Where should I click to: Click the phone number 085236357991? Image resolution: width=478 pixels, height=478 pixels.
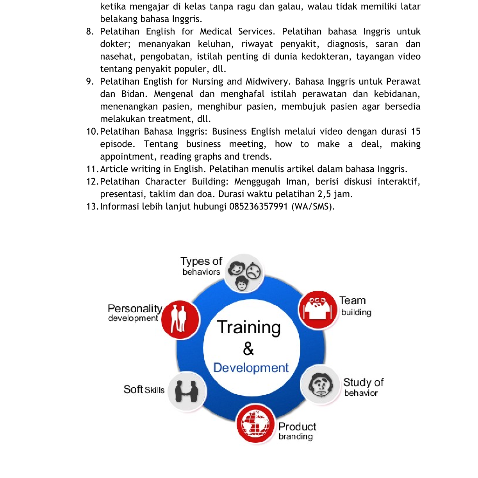259,206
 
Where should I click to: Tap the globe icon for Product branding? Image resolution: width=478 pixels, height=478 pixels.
255,424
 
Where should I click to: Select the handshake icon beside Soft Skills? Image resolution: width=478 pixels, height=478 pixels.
187,391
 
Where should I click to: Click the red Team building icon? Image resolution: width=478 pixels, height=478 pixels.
317,310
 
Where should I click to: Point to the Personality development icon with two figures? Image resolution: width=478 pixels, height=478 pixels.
180,319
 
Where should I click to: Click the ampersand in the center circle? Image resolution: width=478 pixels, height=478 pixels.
248,348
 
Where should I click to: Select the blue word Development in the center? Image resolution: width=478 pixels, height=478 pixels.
251,368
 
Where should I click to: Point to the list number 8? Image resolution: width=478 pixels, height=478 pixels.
90,32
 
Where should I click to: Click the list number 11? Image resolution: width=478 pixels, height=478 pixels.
92,169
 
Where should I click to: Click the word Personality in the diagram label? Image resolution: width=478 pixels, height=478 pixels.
135,309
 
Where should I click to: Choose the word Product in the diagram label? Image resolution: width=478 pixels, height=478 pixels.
297,426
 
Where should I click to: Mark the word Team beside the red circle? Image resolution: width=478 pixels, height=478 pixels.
352,300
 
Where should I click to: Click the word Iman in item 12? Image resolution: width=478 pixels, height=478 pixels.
296,181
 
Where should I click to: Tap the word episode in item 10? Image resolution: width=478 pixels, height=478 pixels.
117,144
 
